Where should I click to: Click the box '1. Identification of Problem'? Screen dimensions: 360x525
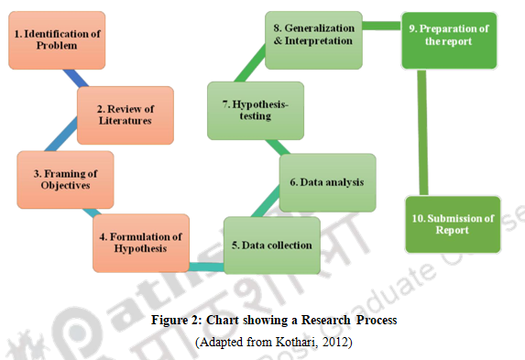57,40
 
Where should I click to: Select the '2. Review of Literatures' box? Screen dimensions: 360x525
125,114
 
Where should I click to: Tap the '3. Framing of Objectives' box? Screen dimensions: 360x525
65,180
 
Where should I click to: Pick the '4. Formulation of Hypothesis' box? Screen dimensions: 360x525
141,243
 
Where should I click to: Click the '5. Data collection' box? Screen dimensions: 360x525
271,245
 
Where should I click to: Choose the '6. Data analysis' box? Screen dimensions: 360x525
326,182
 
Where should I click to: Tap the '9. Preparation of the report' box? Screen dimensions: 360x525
449,40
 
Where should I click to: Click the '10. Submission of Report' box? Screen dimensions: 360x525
453,224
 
